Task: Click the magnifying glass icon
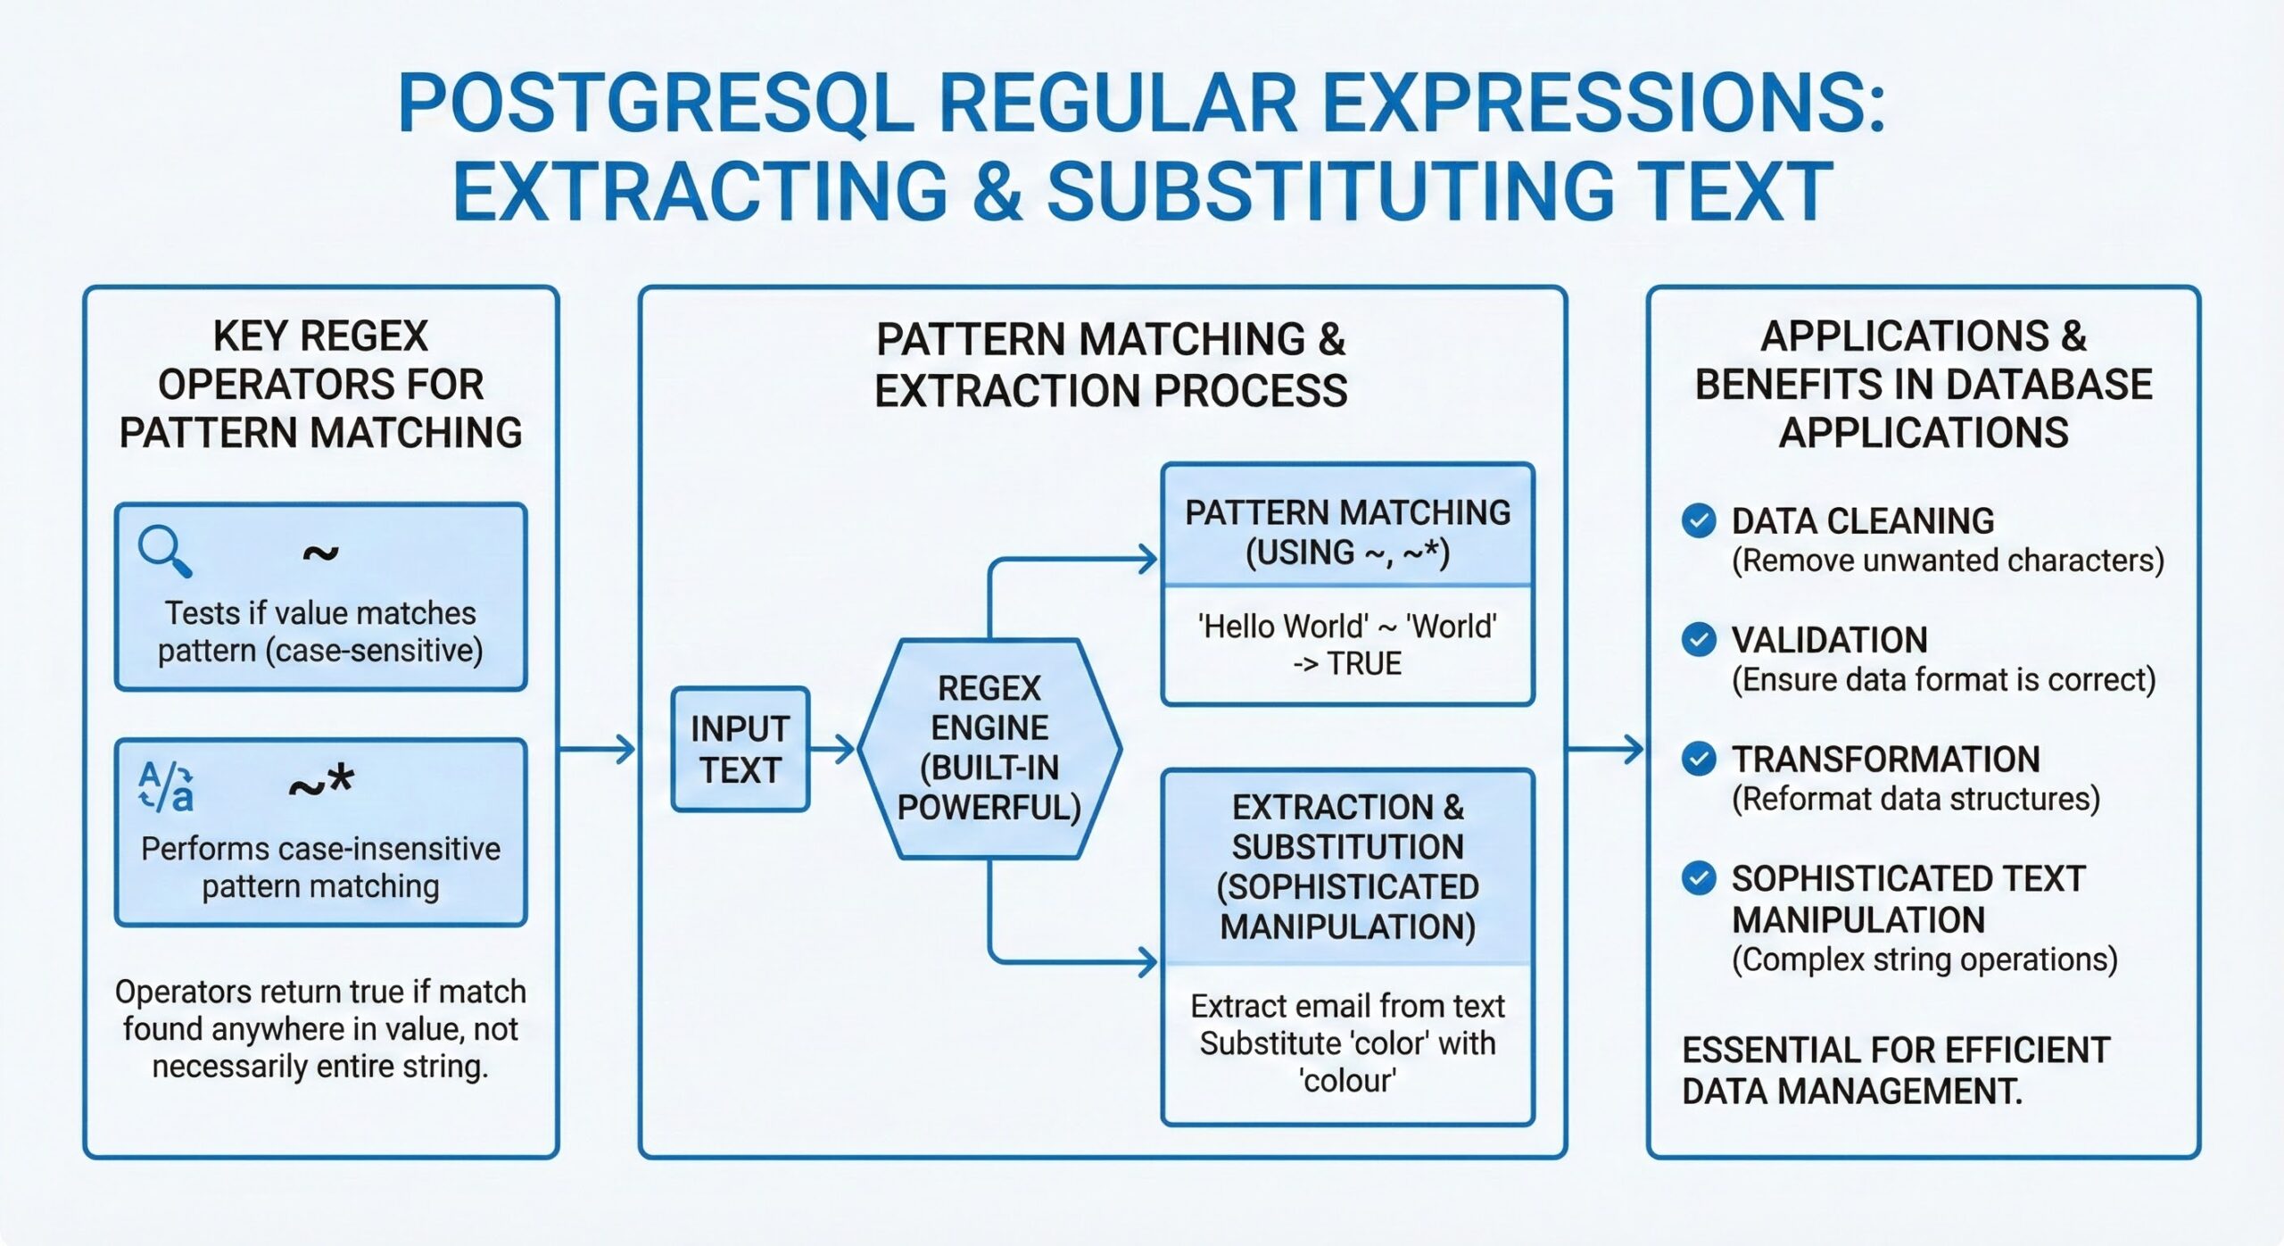point(164,551)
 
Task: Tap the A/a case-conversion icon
point(166,785)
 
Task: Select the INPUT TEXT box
point(740,749)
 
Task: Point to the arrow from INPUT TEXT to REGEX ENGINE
point(833,749)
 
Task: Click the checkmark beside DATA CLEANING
point(1698,520)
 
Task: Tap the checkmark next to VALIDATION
point(1698,639)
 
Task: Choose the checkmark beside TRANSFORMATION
point(1698,759)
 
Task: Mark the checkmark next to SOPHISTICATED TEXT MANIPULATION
point(1698,878)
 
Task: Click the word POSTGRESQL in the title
point(656,104)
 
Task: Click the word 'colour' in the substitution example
point(1347,1081)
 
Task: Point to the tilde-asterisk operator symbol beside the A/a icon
point(321,785)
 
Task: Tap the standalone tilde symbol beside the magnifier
point(320,553)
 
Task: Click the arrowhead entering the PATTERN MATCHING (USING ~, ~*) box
point(1146,560)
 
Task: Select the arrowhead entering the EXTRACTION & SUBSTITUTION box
point(1146,962)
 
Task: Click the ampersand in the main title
point(997,191)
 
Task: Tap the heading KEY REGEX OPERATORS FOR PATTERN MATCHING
point(320,385)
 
